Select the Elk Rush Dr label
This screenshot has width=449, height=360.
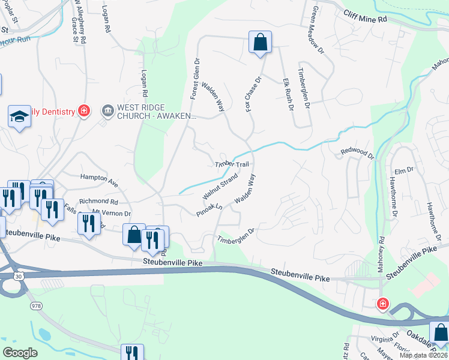[x=287, y=95]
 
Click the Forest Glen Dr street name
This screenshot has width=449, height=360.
[x=194, y=79]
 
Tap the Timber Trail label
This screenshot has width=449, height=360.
[x=231, y=164]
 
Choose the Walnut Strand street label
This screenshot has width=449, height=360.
[x=220, y=187]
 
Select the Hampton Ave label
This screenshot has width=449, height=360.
[x=99, y=178]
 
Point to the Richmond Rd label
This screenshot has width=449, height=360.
[x=99, y=202]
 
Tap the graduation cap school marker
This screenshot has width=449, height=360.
[x=19, y=116]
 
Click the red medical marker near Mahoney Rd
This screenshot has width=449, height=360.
[x=382, y=304]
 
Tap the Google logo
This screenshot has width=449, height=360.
[x=20, y=353]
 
